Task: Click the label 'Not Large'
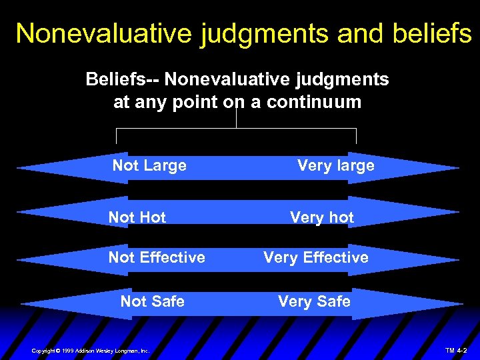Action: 149,165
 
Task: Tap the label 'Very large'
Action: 335,165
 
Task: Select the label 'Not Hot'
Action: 137,217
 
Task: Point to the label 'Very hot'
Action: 322,217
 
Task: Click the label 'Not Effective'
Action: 157,257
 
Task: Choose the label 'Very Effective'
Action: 316,257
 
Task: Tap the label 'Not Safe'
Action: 152,301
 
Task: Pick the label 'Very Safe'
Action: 314,301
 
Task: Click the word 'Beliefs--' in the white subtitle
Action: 123,80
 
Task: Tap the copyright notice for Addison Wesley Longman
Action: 91,351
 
